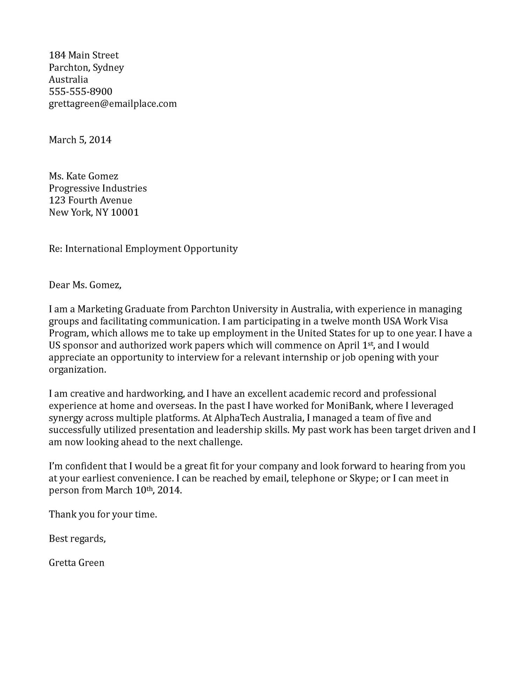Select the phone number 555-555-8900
tap(80, 92)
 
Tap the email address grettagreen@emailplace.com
tap(113, 104)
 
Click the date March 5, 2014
tap(80, 140)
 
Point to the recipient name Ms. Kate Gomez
tap(83, 176)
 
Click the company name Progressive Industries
tap(98, 188)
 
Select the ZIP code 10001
tap(125, 213)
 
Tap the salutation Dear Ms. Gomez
tap(85, 285)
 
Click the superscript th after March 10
tap(149, 488)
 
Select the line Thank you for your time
tap(103, 515)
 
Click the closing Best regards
tap(77, 539)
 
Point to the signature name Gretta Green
tap(77, 563)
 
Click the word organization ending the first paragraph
tap(77, 370)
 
